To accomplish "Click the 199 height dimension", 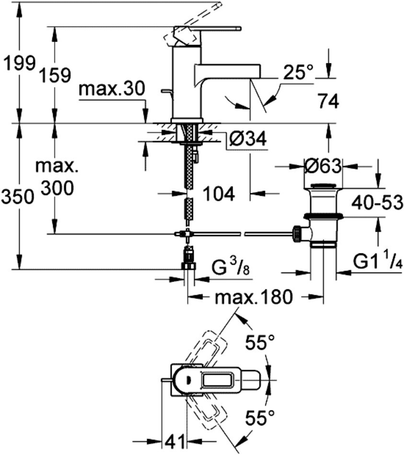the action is pyautogui.click(x=19, y=64).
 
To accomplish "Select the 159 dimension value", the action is pyautogui.click(x=55, y=75).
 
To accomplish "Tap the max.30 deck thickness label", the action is pyautogui.click(x=112, y=89).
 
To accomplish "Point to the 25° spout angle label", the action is pyautogui.click(x=298, y=72).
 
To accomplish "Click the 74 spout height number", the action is pyautogui.click(x=328, y=101).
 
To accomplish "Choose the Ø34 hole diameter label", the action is pyautogui.click(x=247, y=138).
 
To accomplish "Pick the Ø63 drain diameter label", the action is pyautogui.click(x=323, y=166).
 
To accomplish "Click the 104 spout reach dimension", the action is pyautogui.click(x=219, y=193).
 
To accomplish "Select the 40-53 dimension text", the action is pyautogui.click(x=377, y=203).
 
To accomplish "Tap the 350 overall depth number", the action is pyautogui.click(x=17, y=197).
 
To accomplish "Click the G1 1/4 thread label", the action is pyautogui.click(x=377, y=262).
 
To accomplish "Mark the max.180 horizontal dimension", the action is pyautogui.click(x=253, y=296).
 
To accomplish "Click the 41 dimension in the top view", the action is pyautogui.click(x=175, y=442).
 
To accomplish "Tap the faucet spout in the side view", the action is pyautogui.click(x=227, y=75).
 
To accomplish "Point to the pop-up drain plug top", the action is pyautogui.click(x=323, y=186).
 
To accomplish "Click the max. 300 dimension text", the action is pyautogui.click(x=56, y=177).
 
